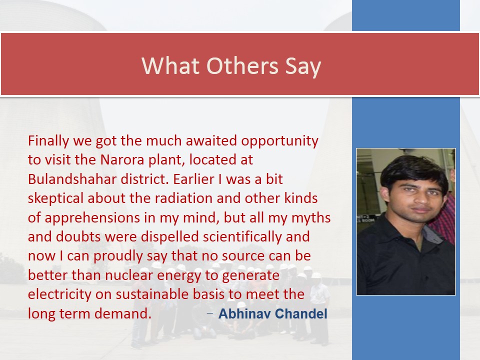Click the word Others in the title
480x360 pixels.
coord(242,65)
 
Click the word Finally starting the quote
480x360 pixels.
coord(48,141)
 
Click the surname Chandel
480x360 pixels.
coord(301,314)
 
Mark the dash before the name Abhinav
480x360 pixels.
coord(210,313)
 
